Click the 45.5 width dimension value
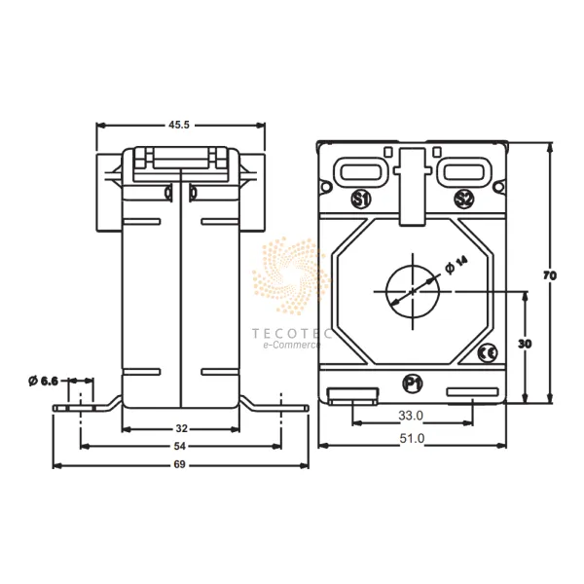(181, 126)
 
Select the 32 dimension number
(182, 427)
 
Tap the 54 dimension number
(182, 445)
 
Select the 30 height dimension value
(525, 346)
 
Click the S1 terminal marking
(360, 201)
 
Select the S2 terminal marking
(464, 201)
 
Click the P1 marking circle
(412, 383)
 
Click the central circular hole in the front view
(412, 289)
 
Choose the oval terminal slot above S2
(464, 172)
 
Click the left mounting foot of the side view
(83, 406)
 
